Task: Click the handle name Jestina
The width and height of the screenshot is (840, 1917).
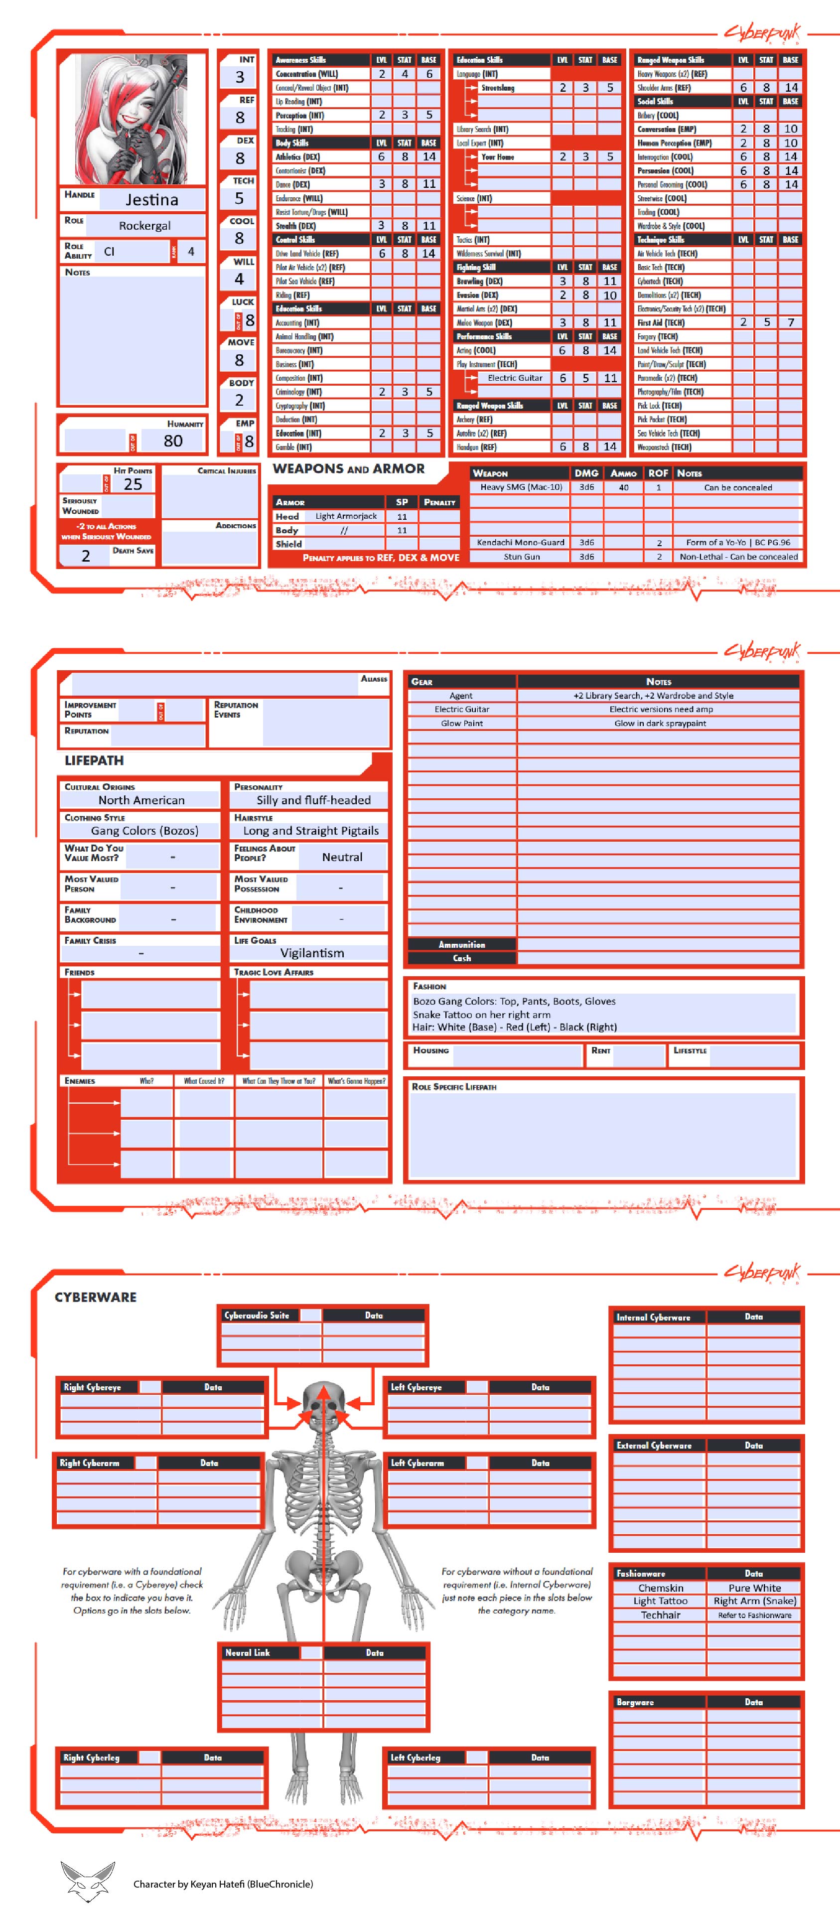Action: (x=152, y=199)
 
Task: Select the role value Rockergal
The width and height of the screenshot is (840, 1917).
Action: (x=145, y=226)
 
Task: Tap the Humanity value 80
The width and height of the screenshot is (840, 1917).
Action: (x=172, y=441)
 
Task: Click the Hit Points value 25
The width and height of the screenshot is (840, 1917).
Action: (x=133, y=484)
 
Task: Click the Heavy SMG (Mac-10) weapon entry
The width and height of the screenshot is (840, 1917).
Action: (x=521, y=487)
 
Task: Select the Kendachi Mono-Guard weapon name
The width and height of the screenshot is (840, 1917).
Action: (x=520, y=543)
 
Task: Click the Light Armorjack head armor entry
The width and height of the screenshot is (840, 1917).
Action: (x=346, y=516)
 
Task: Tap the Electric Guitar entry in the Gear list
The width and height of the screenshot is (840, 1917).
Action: (x=461, y=709)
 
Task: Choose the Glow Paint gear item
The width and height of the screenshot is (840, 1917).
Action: (x=461, y=724)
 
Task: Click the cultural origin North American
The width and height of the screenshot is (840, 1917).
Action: (x=141, y=800)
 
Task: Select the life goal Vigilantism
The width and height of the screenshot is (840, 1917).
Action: (x=312, y=953)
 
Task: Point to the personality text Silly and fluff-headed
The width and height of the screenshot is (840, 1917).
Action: (x=313, y=800)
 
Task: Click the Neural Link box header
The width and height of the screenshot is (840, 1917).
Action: (x=248, y=1653)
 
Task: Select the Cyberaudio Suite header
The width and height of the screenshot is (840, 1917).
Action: (x=257, y=1315)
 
